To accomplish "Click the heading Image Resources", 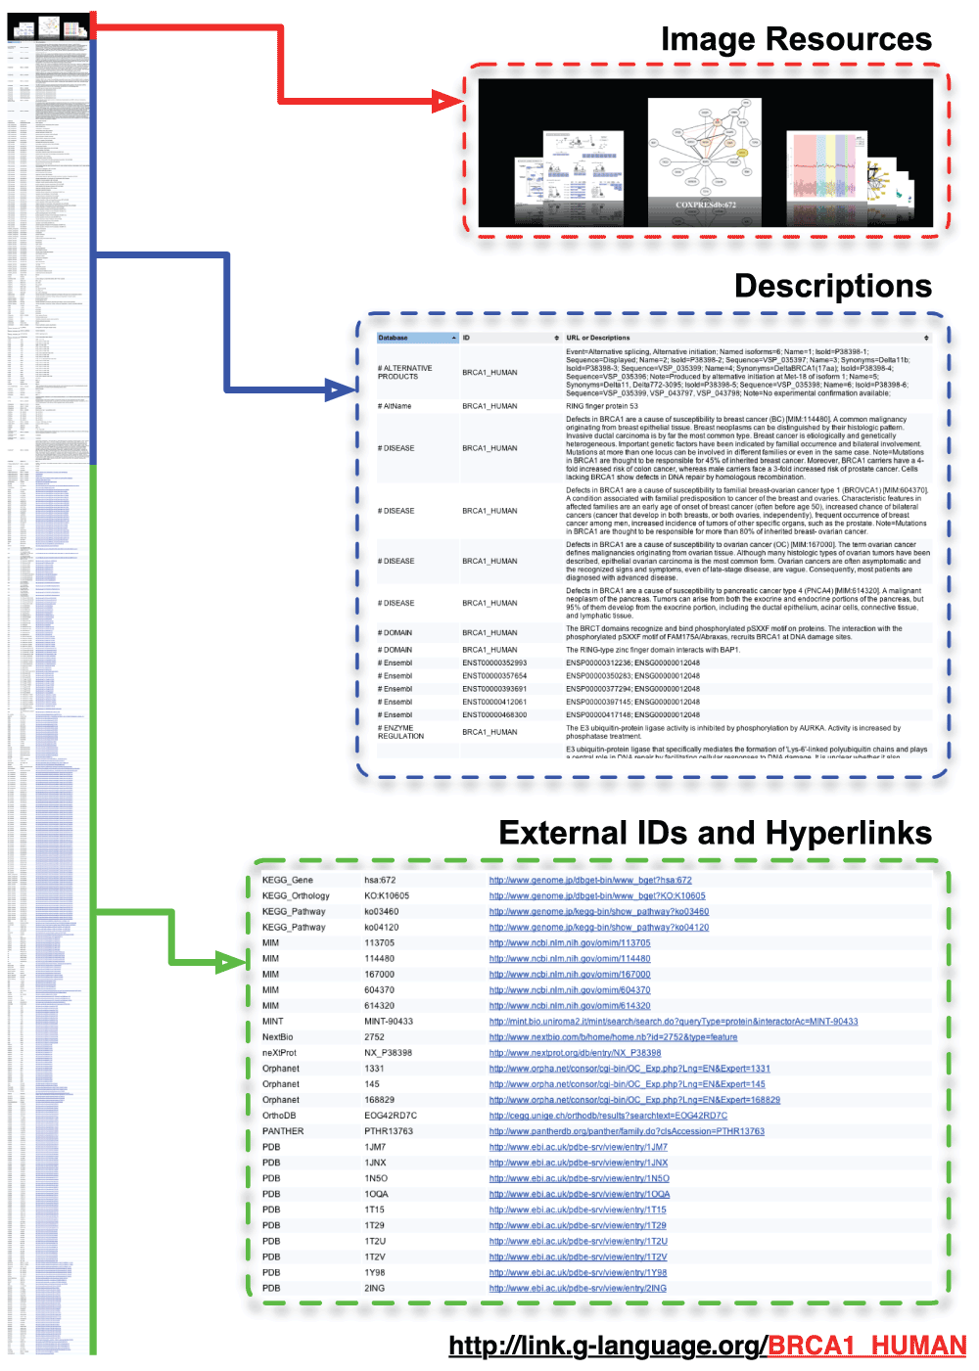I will pyautogui.click(x=796, y=39).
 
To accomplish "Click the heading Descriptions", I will pyautogui.click(x=832, y=286).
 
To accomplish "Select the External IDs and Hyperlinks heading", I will pyautogui.click(x=715, y=833).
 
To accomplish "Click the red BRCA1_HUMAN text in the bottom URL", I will pyautogui.click(x=866, y=1346).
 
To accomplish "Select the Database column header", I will pyautogui.click(x=394, y=338).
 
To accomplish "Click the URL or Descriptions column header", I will pyautogui.click(x=598, y=338).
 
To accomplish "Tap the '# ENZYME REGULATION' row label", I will pyautogui.click(x=400, y=732).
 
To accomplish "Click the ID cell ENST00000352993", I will pyautogui.click(x=494, y=663).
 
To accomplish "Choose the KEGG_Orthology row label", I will pyautogui.click(x=296, y=895).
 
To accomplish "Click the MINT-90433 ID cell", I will pyautogui.click(x=389, y=1022).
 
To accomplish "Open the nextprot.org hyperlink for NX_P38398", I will pyautogui.click(x=575, y=1053).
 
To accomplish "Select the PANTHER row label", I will pyautogui.click(x=283, y=1131).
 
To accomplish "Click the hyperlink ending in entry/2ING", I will pyautogui.click(x=578, y=1288).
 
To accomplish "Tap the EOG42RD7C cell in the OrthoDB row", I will pyautogui.click(x=391, y=1116).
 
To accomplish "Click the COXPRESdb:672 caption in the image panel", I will pyautogui.click(x=705, y=205).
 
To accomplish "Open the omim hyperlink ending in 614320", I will pyautogui.click(x=570, y=1006).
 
